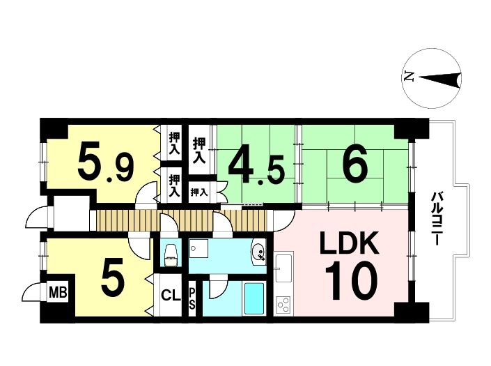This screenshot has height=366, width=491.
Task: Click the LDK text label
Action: [349, 243]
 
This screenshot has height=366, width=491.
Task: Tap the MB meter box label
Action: [58, 293]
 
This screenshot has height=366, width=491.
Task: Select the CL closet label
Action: [171, 295]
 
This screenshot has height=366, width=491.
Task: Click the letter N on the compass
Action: [409, 77]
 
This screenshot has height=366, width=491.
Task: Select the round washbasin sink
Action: [259, 251]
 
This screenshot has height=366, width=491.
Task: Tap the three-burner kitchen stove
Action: [284, 305]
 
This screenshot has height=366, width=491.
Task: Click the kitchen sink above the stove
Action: [283, 267]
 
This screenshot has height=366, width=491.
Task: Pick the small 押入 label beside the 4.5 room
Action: [199, 192]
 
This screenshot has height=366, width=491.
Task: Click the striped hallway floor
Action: [181, 220]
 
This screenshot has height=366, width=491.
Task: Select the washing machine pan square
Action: [198, 248]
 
